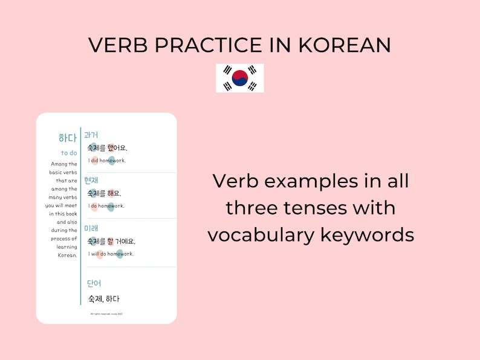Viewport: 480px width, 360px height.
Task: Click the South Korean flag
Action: pyautogui.click(x=240, y=78)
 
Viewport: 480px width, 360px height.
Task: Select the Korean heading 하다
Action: pyautogui.click(x=68, y=138)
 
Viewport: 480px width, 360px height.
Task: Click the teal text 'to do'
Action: pyautogui.click(x=69, y=153)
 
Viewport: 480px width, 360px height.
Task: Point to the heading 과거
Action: pyautogui.click(x=91, y=135)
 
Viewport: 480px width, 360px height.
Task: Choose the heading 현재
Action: pyautogui.click(x=91, y=180)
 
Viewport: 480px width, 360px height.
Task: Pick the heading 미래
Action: pyautogui.click(x=91, y=228)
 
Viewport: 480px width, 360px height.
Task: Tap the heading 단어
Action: pyautogui.click(x=94, y=283)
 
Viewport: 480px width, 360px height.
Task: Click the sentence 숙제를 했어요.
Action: pyautogui.click(x=108, y=148)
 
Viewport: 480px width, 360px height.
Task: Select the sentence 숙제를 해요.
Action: pyautogui.click(x=105, y=194)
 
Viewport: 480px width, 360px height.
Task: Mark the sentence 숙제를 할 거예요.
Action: pyautogui.click(x=111, y=242)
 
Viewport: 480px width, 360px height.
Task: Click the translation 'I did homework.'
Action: pyautogui.click(x=106, y=160)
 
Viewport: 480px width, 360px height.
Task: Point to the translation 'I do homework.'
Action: pyautogui.click(x=106, y=206)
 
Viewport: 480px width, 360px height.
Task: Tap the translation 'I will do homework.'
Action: pyautogui.click(x=111, y=254)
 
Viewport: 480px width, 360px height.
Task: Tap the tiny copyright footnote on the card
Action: pyautogui.click(x=106, y=313)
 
